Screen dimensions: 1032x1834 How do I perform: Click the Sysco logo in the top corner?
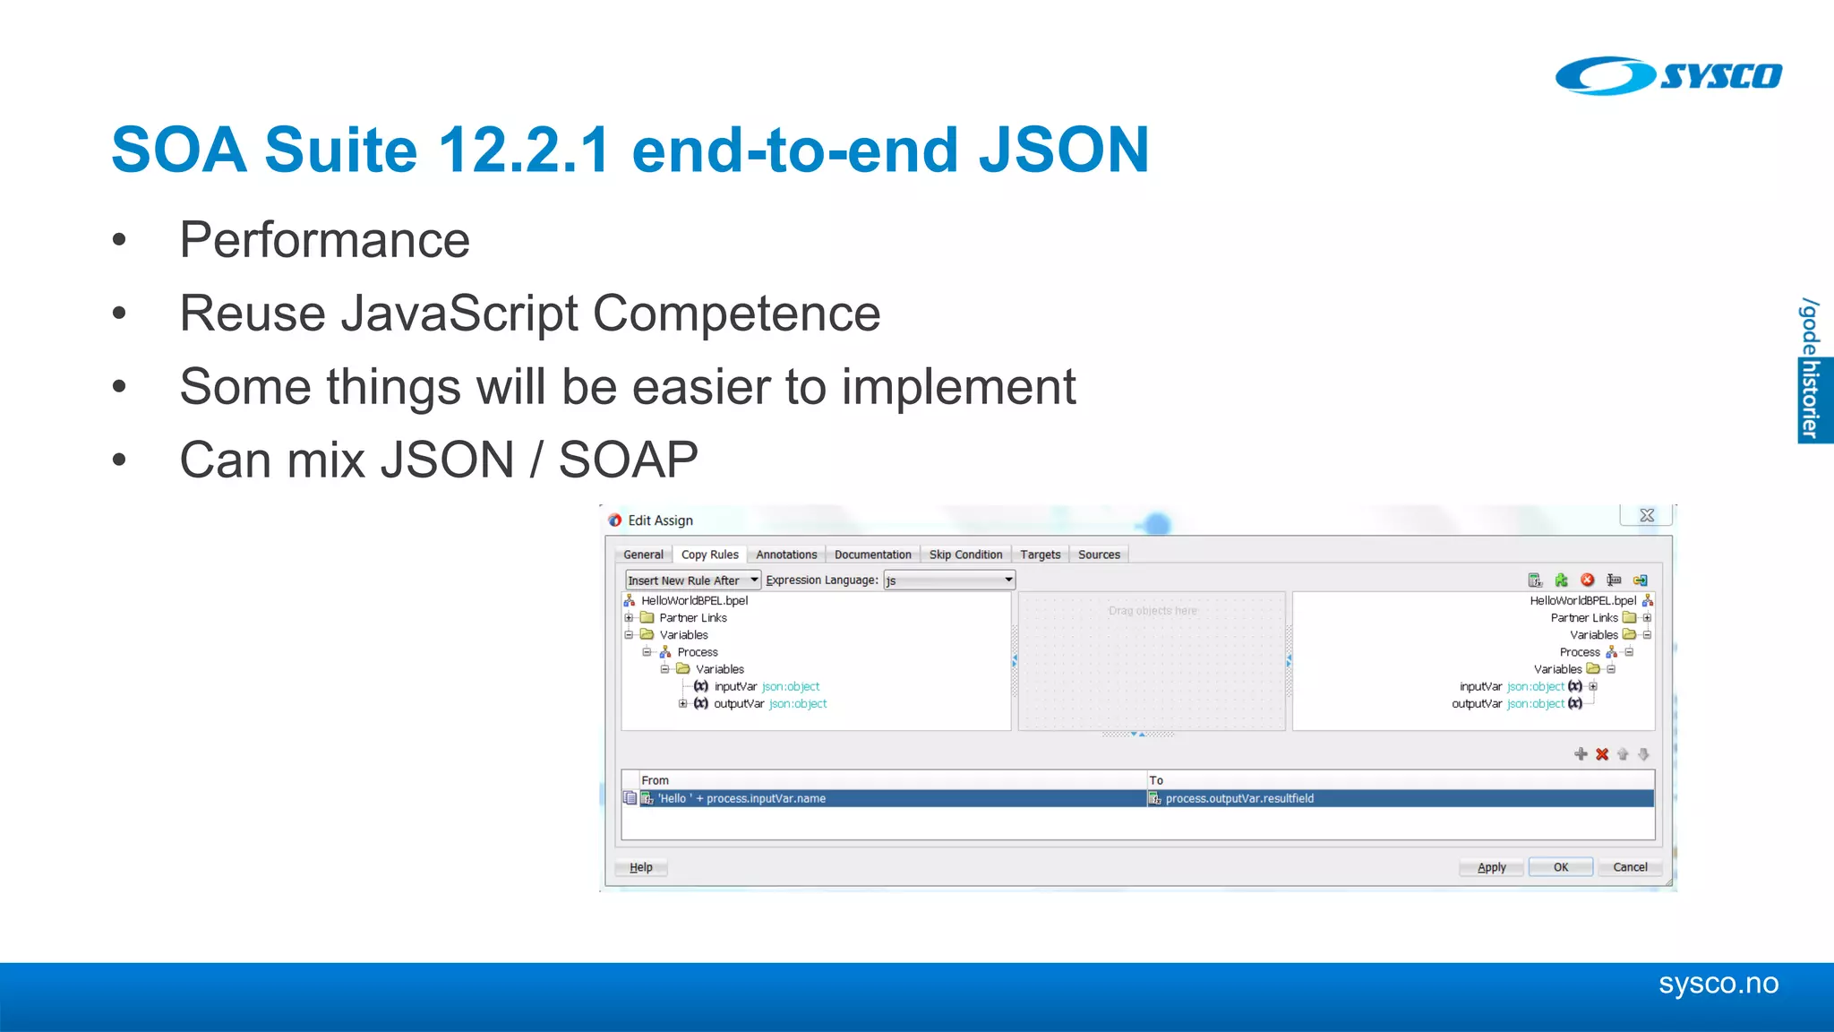[x=1668, y=75]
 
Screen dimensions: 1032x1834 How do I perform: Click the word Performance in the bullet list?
[x=324, y=240]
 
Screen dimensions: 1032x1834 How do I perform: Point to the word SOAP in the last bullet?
[x=628, y=460]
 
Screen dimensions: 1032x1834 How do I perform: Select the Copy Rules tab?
[x=709, y=555]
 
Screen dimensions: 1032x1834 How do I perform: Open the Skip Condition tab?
[x=965, y=555]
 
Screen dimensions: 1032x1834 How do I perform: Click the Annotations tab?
[x=786, y=555]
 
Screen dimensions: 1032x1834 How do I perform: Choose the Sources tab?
[x=1099, y=555]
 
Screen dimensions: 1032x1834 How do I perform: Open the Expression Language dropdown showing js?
[x=949, y=580]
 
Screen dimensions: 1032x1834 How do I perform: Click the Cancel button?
[x=1630, y=867]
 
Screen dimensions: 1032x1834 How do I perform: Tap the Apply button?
[x=1491, y=867]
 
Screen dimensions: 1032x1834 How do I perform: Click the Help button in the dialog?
[x=641, y=867]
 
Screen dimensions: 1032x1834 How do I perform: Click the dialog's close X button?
[x=1646, y=515]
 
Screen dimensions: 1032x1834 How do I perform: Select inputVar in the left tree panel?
[x=735, y=687]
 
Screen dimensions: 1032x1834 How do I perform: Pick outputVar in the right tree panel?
[x=1477, y=704]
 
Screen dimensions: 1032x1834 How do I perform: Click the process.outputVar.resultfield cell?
[x=1239, y=798]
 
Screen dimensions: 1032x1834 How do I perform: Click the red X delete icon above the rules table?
[x=1602, y=754]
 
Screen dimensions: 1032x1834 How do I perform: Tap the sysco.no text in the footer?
[x=1718, y=984]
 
